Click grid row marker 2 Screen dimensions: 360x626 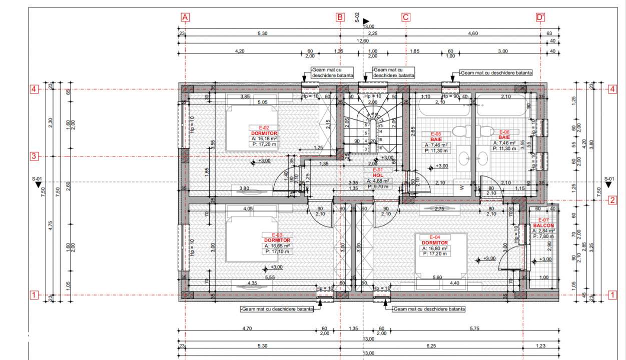[612, 200]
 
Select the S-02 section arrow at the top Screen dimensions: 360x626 [366, 21]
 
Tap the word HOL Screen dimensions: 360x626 [378, 175]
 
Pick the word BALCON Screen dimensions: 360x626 [543, 225]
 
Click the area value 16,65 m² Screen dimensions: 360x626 [279, 246]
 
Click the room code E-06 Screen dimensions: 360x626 [504, 132]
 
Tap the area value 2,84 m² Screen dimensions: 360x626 [545, 231]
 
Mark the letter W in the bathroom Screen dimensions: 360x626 [461, 188]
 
